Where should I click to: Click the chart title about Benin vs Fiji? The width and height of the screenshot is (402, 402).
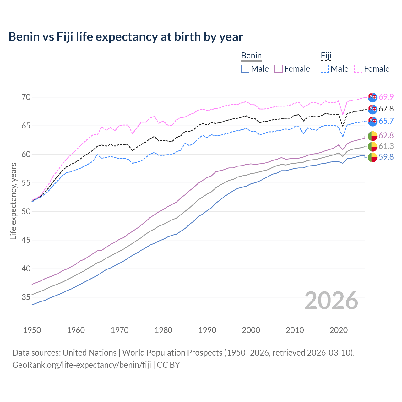(126, 37)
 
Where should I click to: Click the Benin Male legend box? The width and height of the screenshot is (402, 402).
(245, 69)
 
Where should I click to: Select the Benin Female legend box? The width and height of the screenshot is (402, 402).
(279, 69)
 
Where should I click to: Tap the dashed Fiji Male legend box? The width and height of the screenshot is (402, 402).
(325, 69)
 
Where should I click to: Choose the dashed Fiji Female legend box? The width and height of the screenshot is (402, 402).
(358, 69)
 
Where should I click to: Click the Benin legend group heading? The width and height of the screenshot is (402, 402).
(251, 56)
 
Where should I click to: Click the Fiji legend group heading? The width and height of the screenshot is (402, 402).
(326, 56)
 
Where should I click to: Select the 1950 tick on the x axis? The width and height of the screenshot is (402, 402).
(32, 330)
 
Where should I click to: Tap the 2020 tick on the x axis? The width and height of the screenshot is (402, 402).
(339, 330)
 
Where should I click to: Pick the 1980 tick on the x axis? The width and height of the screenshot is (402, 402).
(163, 330)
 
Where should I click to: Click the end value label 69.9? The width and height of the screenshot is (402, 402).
(386, 97)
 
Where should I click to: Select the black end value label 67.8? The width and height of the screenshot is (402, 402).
(386, 109)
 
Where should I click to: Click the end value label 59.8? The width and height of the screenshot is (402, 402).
(386, 157)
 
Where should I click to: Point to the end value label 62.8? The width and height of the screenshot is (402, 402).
(386, 136)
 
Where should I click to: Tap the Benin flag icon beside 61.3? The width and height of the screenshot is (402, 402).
(372, 146)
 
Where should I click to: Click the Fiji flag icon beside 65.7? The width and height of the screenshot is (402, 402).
(372, 121)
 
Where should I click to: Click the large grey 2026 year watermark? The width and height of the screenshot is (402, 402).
(331, 301)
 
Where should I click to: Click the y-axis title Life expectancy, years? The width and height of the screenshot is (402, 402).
(13, 201)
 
